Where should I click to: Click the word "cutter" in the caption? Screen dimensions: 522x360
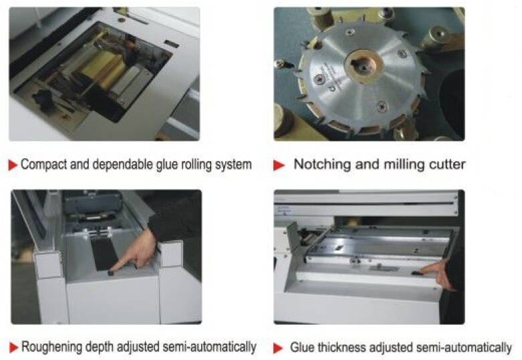[447, 164]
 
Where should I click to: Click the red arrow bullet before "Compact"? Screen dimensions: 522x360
[13, 165]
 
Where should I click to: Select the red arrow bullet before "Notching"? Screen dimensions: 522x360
[279, 165]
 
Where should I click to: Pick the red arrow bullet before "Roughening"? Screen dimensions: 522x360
[13, 348]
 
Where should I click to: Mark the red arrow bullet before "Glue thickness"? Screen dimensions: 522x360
[278, 348]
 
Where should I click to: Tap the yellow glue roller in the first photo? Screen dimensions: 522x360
[99, 67]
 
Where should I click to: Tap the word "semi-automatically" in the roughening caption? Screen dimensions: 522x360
[209, 347]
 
